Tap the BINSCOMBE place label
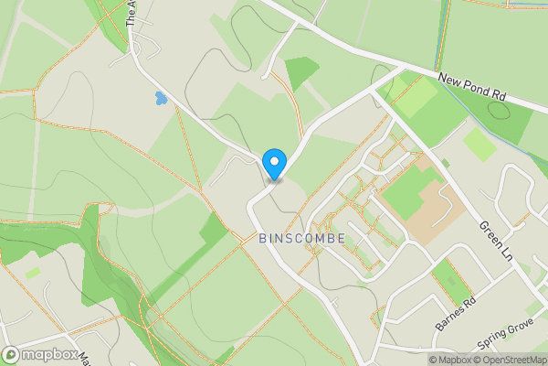pyautogui.click(x=301, y=238)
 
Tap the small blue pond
pyautogui.click(x=161, y=98)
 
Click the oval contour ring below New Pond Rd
pyautogui.click(x=499, y=111)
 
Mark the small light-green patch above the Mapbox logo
pyautogui.click(x=33, y=272)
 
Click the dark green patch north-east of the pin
pyautogui.click(x=301, y=71)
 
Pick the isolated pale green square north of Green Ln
pyautogui.click(x=479, y=145)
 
